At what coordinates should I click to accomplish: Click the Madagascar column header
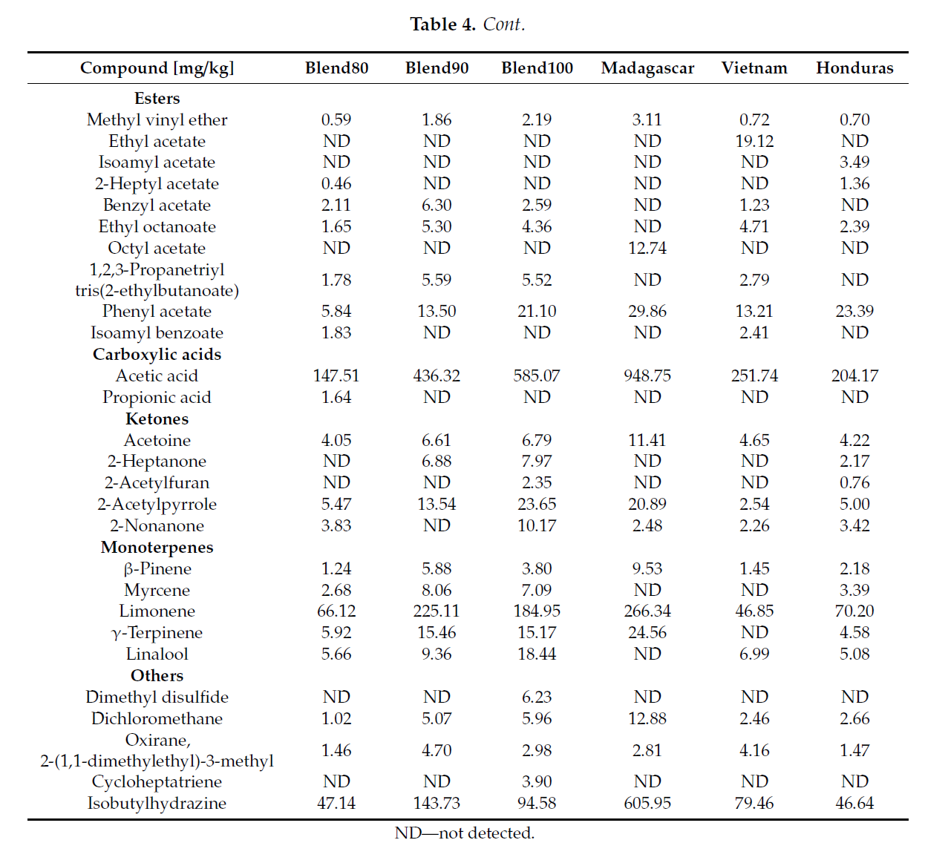click(647, 68)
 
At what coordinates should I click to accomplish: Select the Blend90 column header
click(437, 68)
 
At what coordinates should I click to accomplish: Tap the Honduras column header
click(854, 68)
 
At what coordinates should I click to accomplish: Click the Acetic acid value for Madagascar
click(647, 376)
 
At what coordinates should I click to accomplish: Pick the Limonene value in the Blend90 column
click(437, 611)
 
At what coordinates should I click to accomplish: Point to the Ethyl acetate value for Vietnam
click(754, 141)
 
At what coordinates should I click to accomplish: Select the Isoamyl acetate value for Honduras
click(854, 163)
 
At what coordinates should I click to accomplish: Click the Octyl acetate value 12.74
click(647, 248)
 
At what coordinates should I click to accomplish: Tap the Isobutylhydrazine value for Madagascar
click(647, 804)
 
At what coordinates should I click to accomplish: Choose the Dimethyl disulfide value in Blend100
click(537, 698)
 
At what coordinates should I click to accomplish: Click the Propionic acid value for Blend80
click(336, 398)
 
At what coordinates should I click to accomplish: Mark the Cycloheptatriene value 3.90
click(537, 782)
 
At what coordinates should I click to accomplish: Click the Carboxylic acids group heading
click(157, 355)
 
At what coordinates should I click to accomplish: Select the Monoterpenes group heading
click(157, 548)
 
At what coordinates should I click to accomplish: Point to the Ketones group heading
click(157, 419)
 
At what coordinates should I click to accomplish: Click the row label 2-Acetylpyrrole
click(157, 505)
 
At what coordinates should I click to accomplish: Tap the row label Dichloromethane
click(157, 719)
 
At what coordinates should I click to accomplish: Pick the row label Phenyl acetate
click(157, 312)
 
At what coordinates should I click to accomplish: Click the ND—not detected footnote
click(465, 833)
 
